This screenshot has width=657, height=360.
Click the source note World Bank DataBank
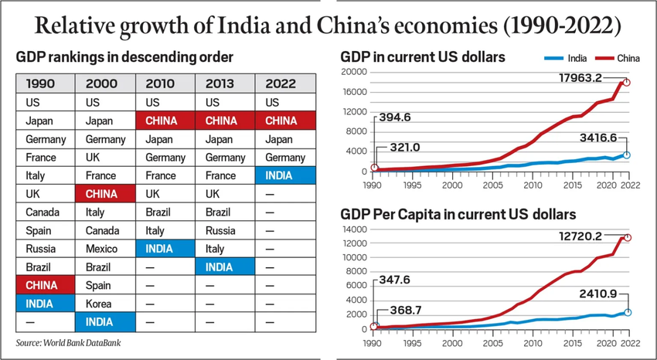[69, 342]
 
